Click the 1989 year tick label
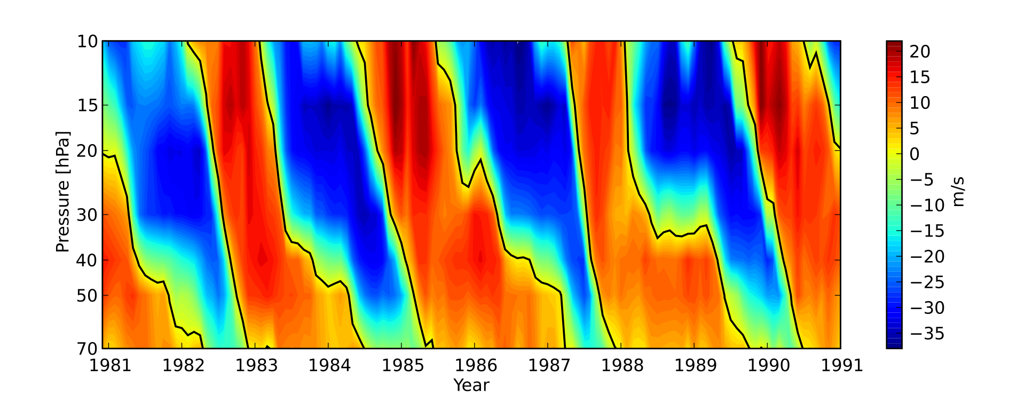click(x=694, y=366)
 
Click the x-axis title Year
click(x=471, y=385)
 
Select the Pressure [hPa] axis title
click(x=63, y=192)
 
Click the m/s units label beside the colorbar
click(x=958, y=192)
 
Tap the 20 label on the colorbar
click(x=920, y=52)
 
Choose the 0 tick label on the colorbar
click(x=915, y=154)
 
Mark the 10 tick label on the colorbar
click(x=920, y=103)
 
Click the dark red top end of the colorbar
click(x=894, y=44)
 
